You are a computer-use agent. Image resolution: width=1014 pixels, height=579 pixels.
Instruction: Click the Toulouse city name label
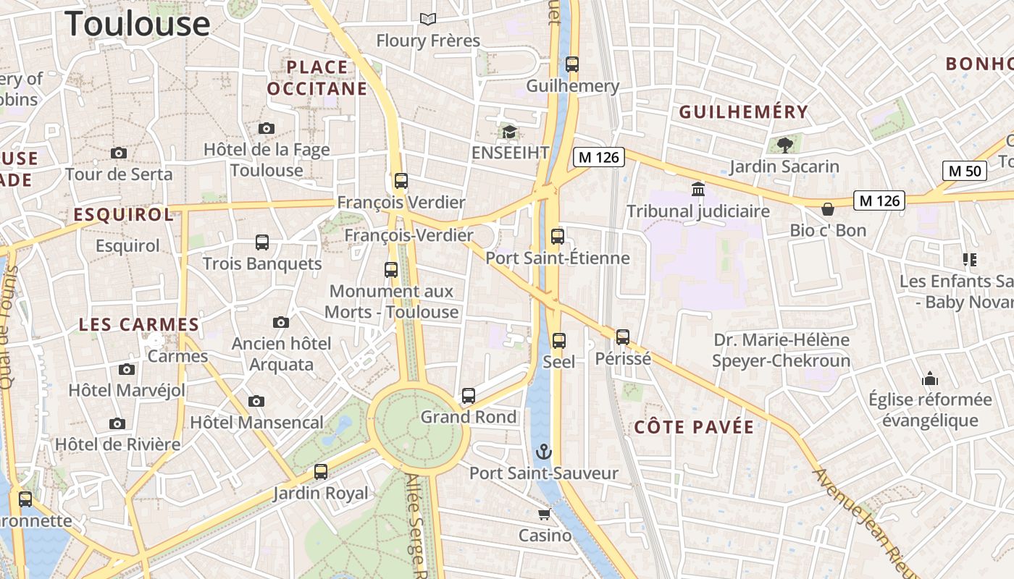tap(138, 23)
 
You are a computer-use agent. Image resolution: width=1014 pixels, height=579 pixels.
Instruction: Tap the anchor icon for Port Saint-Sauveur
tap(543, 452)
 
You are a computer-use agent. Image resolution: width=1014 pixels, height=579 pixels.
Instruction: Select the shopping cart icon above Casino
tap(544, 514)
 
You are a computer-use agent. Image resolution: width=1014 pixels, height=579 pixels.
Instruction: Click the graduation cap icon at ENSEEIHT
tap(510, 132)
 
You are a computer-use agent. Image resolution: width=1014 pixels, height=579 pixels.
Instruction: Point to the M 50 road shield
tap(965, 171)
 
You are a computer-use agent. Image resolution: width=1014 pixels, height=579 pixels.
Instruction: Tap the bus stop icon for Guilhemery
tap(572, 64)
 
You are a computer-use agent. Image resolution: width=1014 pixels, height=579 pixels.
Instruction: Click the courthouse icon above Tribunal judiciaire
tap(698, 189)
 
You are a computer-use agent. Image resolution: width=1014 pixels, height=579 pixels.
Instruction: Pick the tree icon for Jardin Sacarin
tap(784, 145)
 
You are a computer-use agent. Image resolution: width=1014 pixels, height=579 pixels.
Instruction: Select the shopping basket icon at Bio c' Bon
tap(828, 209)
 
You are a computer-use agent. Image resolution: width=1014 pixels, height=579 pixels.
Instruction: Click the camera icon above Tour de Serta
tap(119, 153)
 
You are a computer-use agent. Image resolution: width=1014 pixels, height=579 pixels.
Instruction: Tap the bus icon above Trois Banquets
tap(262, 242)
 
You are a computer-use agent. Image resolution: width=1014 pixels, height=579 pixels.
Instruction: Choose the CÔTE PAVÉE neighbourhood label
tap(694, 427)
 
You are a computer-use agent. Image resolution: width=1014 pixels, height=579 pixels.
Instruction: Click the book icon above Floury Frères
tap(428, 19)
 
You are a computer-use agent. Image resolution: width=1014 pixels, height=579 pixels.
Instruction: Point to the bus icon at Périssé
tap(623, 337)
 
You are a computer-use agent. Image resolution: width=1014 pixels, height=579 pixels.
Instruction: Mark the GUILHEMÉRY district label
tap(743, 112)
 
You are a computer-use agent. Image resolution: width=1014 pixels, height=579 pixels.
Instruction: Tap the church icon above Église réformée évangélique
tap(930, 379)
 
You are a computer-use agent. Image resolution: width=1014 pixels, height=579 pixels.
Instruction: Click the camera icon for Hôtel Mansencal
tap(256, 401)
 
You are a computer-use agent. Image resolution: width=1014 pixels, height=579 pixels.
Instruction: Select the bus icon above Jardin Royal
tap(321, 472)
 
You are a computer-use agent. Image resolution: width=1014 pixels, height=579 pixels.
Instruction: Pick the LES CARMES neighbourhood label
tap(138, 325)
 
